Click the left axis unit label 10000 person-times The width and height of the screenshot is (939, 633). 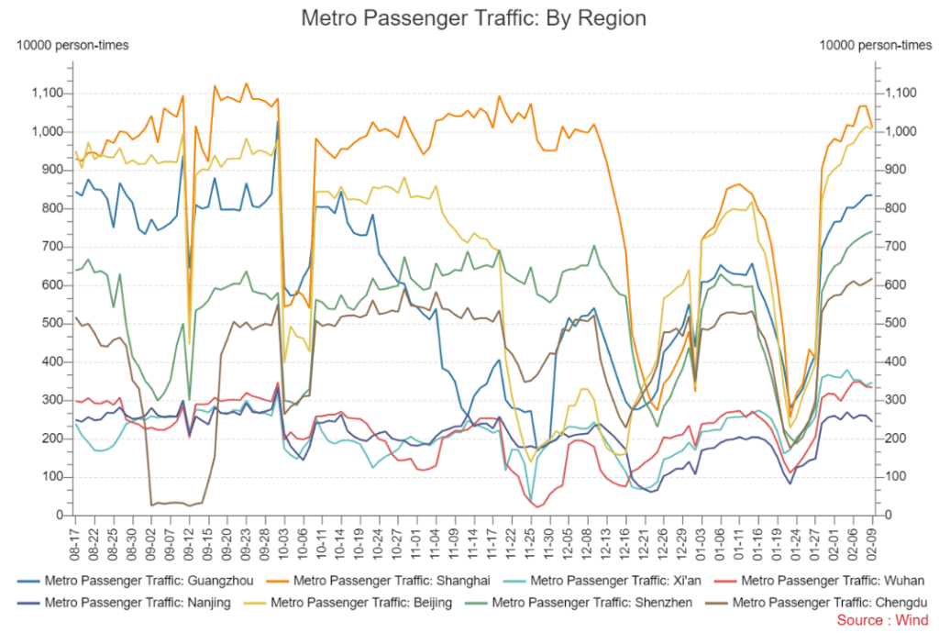[x=72, y=45]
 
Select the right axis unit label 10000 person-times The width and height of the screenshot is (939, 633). [x=875, y=45]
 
